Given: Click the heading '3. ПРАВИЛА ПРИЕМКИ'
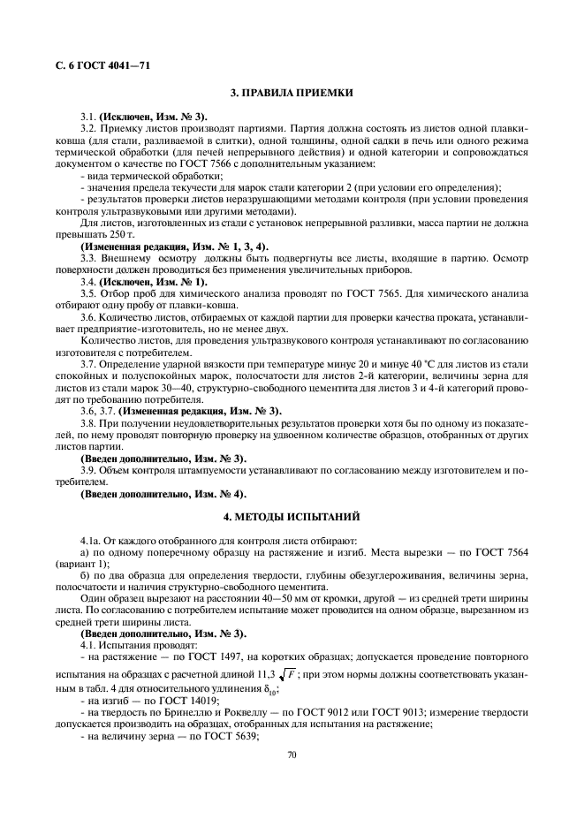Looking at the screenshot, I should point(292,92).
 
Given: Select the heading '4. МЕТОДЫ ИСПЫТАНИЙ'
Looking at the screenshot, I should point(292,514).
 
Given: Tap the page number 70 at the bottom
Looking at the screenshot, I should point(292,755).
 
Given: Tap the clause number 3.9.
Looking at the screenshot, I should point(88,470).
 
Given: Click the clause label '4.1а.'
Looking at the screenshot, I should point(93,540).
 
